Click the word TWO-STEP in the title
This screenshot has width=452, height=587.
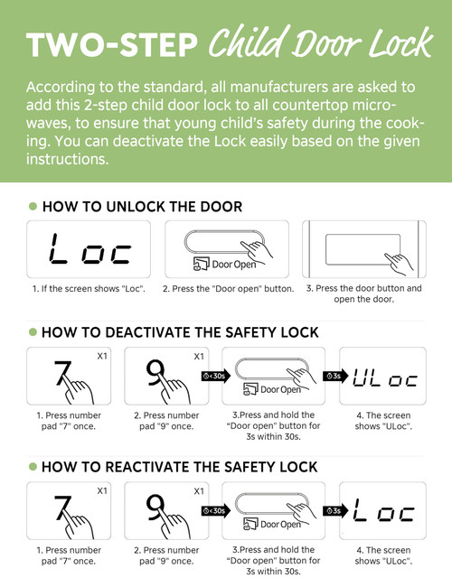click(111, 44)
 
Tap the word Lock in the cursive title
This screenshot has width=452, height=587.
click(400, 42)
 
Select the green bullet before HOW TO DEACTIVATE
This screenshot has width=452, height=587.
click(33, 332)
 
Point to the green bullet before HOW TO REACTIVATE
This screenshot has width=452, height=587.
click(33, 467)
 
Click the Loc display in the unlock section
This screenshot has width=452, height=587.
click(90, 248)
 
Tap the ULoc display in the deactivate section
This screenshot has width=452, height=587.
click(385, 377)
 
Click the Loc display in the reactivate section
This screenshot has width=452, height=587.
click(384, 510)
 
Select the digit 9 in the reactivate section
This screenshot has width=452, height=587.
click(155, 507)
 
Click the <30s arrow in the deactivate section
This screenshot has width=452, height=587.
click(216, 376)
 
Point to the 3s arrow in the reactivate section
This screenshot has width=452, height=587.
click(335, 510)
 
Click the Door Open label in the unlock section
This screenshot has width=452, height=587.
click(234, 265)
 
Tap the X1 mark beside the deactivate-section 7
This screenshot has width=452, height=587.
click(102, 356)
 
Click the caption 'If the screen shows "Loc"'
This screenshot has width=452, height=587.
click(89, 289)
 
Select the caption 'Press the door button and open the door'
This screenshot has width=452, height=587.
click(364, 293)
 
